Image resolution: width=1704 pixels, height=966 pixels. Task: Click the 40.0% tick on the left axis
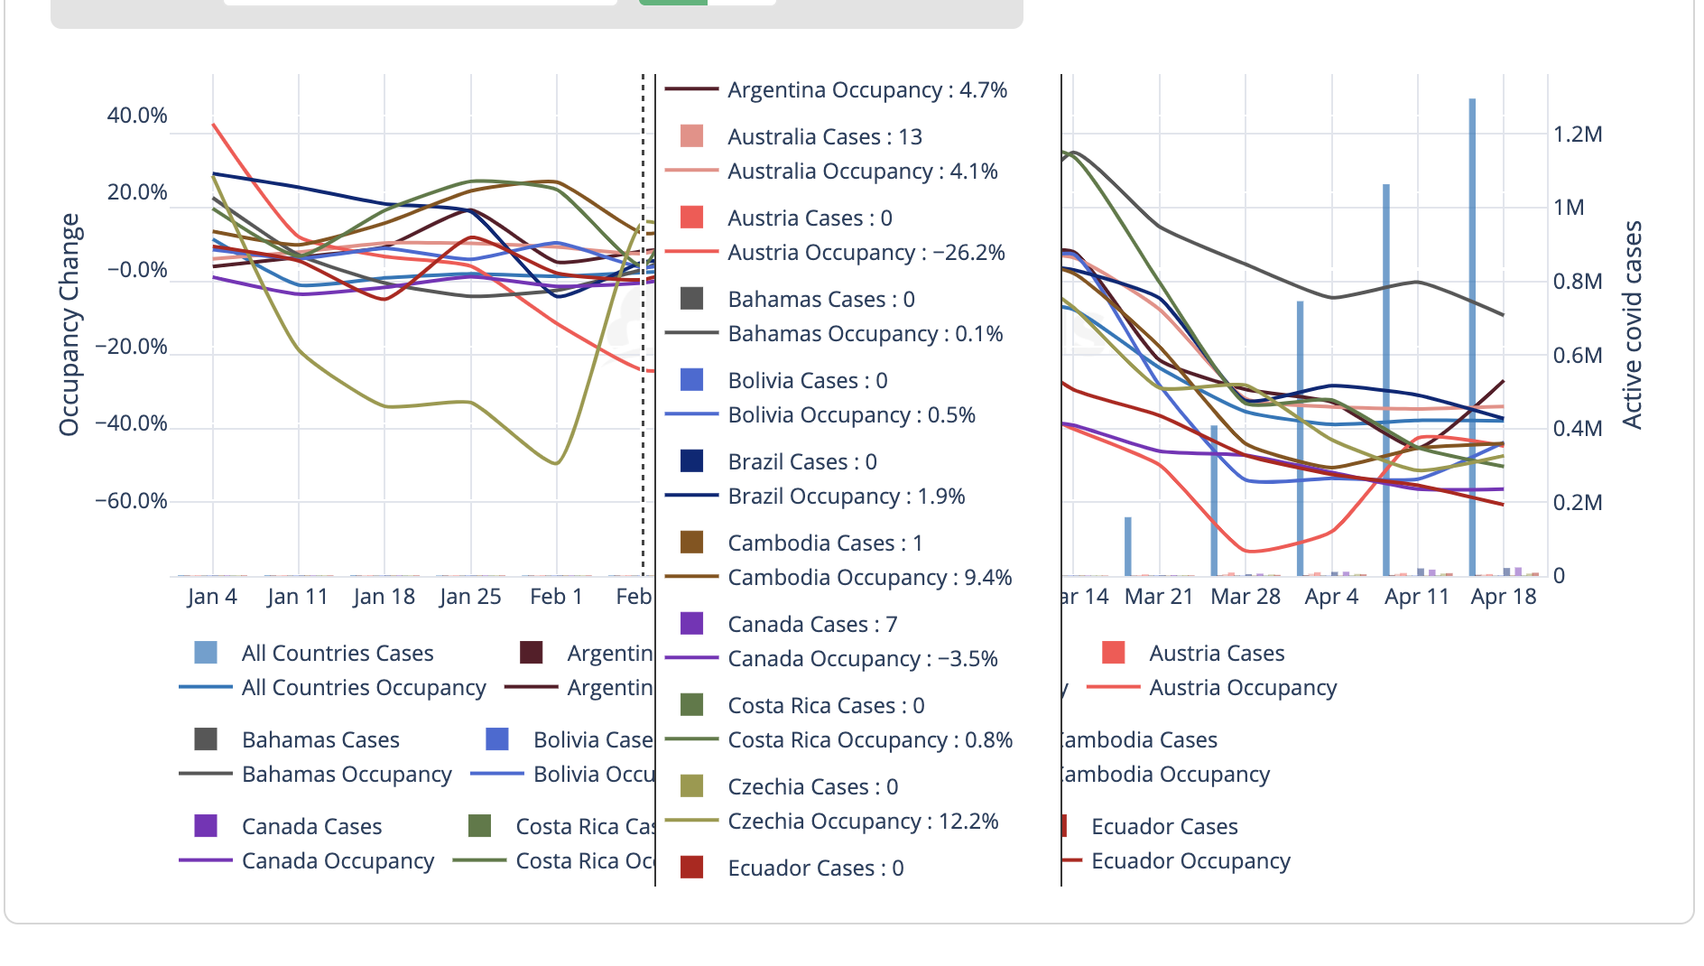pyautogui.click(x=137, y=116)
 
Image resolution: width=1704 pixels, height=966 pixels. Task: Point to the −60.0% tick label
pyautogui.click(x=132, y=501)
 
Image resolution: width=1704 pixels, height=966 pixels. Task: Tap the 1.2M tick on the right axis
pyautogui.click(x=1578, y=135)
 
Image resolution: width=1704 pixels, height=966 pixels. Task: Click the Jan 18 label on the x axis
pyautogui.click(x=384, y=597)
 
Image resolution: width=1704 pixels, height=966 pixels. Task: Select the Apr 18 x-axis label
pyautogui.click(x=1503, y=597)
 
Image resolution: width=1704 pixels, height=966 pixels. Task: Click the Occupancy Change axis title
pyautogui.click(x=69, y=325)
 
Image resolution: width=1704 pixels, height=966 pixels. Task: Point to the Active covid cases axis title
pyautogui.click(x=1632, y=325)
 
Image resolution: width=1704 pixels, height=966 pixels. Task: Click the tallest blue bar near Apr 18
pyautogui.click(x=1472, y=334)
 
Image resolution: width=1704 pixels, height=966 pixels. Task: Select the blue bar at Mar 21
pyautogui.click(x=1128, y=546)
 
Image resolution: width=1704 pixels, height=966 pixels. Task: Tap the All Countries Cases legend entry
pyautogui.click(x=337, y=653)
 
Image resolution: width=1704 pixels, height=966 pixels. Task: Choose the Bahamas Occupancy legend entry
pyautogui.click(x=347, y=775)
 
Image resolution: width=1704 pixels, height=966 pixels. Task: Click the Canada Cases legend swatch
pyautogui.click(x=206, y=826)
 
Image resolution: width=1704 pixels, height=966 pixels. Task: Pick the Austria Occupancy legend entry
pyautogui.click(x=1242, y=688)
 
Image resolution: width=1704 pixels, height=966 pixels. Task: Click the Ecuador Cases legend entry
pyautogui.click(x=1164, y=827)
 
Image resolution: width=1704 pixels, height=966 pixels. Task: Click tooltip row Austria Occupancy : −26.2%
pyautogui.click(x=866, y=253)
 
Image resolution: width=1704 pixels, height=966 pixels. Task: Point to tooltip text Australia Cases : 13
pyautogui.click(x=825, y=137)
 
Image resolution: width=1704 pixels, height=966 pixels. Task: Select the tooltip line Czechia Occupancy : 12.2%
pyautogui.click(x=863, y=822)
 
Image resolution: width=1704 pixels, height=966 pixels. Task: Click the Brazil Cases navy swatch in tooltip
pyautogui.click(x=691, y=461)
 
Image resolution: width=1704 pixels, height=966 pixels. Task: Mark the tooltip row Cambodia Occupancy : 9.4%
pyautogui.click(x=869, y=578)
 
